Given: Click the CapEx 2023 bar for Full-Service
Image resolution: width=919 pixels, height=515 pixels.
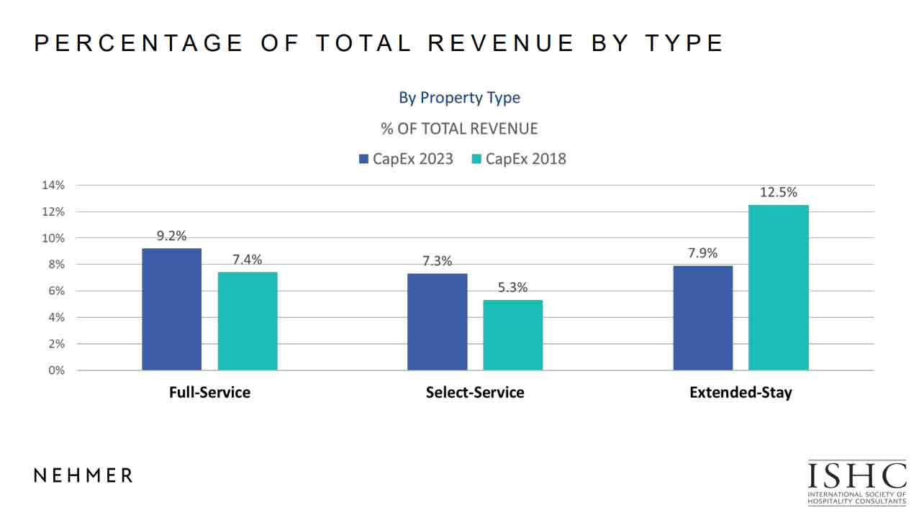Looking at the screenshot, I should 171,309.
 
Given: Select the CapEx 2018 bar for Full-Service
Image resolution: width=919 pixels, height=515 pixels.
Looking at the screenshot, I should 248,322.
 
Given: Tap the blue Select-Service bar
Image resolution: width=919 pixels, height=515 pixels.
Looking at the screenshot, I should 437,322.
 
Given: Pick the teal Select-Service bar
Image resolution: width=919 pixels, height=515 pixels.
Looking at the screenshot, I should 512,335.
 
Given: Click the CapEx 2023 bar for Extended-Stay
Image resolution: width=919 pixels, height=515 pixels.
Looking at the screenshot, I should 702,318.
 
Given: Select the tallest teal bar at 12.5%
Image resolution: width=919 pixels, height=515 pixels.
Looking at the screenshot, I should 778,288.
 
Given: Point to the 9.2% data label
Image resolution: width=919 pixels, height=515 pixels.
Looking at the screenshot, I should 172,236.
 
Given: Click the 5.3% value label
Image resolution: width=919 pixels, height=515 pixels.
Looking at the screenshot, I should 512,288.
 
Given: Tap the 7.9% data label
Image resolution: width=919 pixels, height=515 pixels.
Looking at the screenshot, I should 702,253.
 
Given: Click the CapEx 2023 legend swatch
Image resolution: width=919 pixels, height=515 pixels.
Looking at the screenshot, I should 363,159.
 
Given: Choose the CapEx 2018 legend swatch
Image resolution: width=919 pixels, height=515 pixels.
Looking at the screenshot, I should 476,159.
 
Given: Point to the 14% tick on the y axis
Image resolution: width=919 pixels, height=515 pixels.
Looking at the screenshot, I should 53,185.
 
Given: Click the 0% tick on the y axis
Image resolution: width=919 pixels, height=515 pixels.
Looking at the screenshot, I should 56,370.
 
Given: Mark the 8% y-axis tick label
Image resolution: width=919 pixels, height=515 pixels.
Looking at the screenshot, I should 56,265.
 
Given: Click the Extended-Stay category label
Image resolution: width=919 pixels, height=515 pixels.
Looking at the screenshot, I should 741,393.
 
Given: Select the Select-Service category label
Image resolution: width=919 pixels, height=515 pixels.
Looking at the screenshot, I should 475,393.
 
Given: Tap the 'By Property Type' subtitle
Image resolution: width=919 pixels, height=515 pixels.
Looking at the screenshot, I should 459,98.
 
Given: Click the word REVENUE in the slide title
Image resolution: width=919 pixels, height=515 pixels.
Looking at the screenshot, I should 501,43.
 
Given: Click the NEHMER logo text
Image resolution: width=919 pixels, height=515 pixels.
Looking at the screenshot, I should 83,475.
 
